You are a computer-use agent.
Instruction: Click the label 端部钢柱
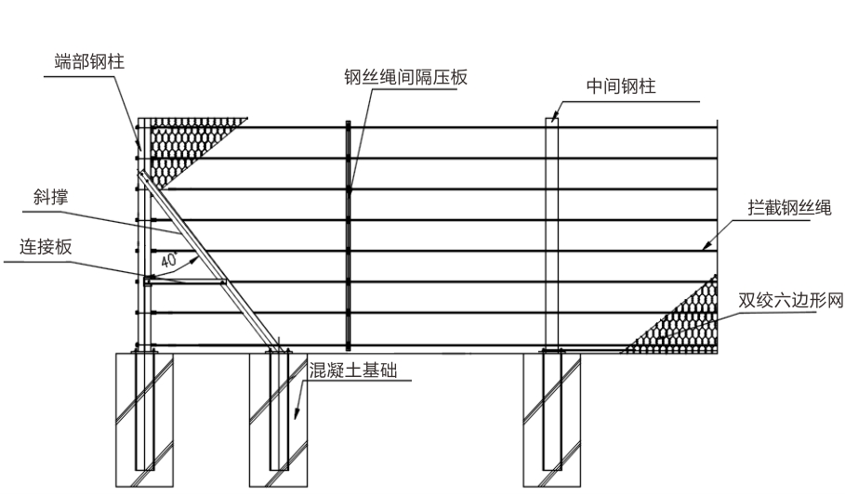pyautogui.click(x=89, y=61)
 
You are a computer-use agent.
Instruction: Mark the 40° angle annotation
pyautogui.click(x=169, y=261)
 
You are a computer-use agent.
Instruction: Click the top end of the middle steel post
pyautogui.click(x=551, y=120)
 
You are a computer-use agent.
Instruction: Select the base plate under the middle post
pyautogui.click(x=551, y=350)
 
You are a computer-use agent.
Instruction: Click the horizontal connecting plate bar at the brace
pyautogui.click(x=186, y=279)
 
